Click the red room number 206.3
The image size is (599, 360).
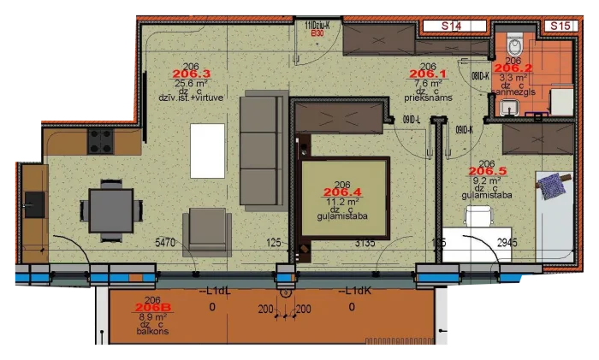191,74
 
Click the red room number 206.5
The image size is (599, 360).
488,171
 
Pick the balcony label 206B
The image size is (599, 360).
154,308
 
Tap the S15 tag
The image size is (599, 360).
560,27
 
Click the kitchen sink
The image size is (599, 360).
34,203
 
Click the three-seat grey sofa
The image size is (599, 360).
261,150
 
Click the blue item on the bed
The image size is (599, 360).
549,181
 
